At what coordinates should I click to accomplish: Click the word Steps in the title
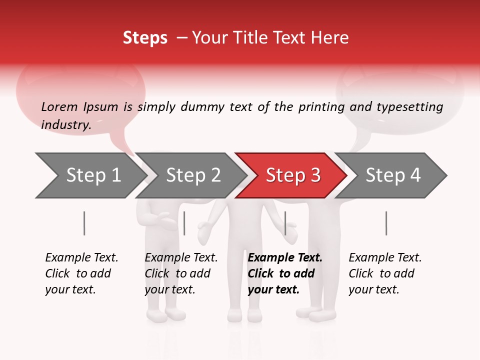click(x=145, y=38)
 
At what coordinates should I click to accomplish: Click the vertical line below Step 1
click(x=84, y=223)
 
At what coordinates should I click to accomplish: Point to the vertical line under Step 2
click(x=184, y=223)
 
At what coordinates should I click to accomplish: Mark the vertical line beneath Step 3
click(x=285, y=223)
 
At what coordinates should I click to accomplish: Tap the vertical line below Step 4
click(x=386, y=223)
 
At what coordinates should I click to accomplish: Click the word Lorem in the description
click(x=59, y=106)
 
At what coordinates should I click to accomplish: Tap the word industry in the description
click(x=66, y=125)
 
